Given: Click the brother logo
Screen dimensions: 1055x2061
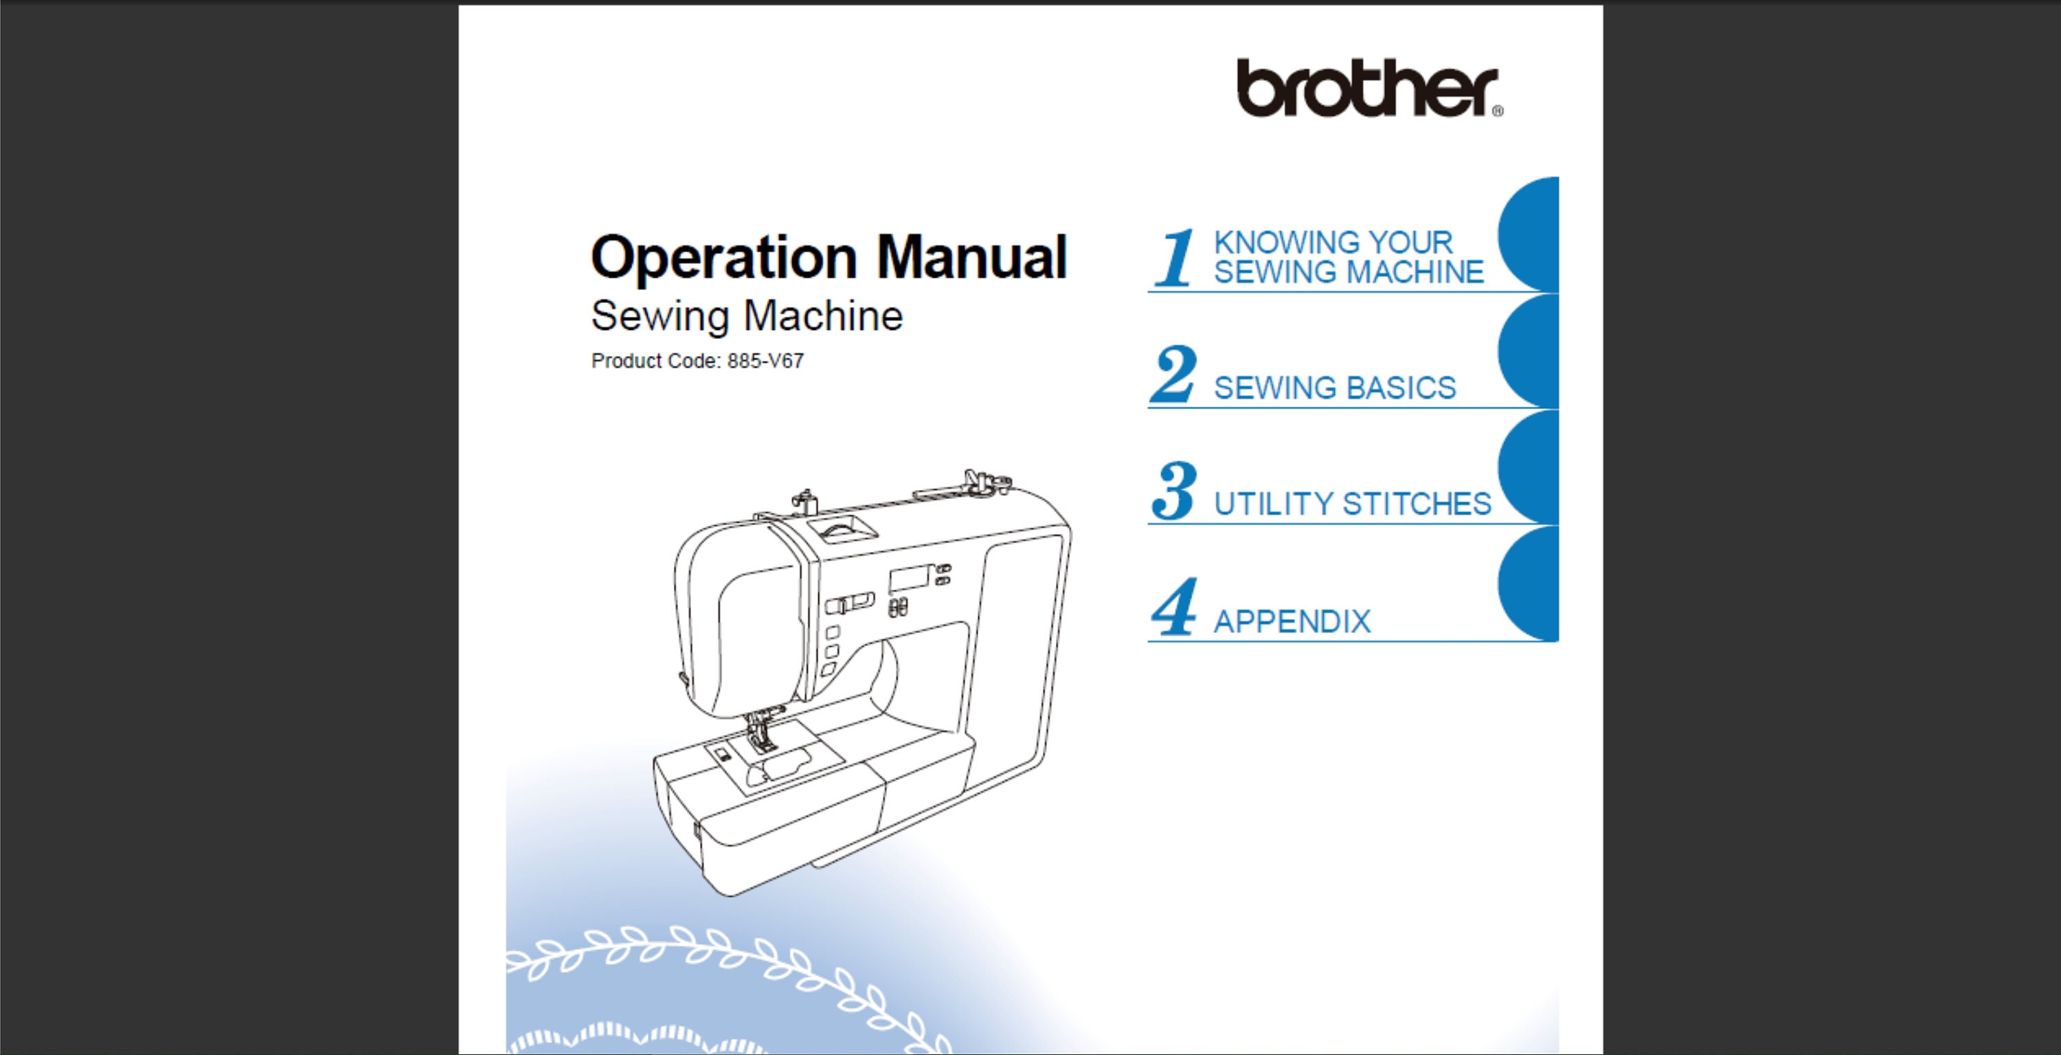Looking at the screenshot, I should (x=1367, y=88).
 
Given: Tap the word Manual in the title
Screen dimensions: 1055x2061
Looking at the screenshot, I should (x=971, y=258).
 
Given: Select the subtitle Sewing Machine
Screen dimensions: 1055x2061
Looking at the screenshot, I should (x=747, y=316).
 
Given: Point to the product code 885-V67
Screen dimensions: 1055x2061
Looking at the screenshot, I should (x=765, y=361).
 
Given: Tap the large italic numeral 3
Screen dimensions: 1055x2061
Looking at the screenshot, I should (x=1173, y=490).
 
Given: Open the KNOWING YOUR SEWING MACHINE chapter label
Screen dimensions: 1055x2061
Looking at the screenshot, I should (x=1348, y=257).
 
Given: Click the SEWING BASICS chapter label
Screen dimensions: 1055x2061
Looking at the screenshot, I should (x=1335, y=388).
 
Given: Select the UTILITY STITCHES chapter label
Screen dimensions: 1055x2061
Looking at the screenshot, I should (x=1352, y=504).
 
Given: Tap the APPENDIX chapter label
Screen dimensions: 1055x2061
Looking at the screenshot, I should (x=1292, y=621).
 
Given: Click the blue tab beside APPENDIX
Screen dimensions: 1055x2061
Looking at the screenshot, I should (x=1531, y=584).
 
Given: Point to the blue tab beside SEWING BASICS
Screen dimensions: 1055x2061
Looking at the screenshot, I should (x=1531, y=352).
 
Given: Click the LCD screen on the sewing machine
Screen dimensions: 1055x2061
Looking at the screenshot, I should (x=909, y=578).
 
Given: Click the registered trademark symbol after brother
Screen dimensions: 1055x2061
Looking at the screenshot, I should (x=1497, y=112).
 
